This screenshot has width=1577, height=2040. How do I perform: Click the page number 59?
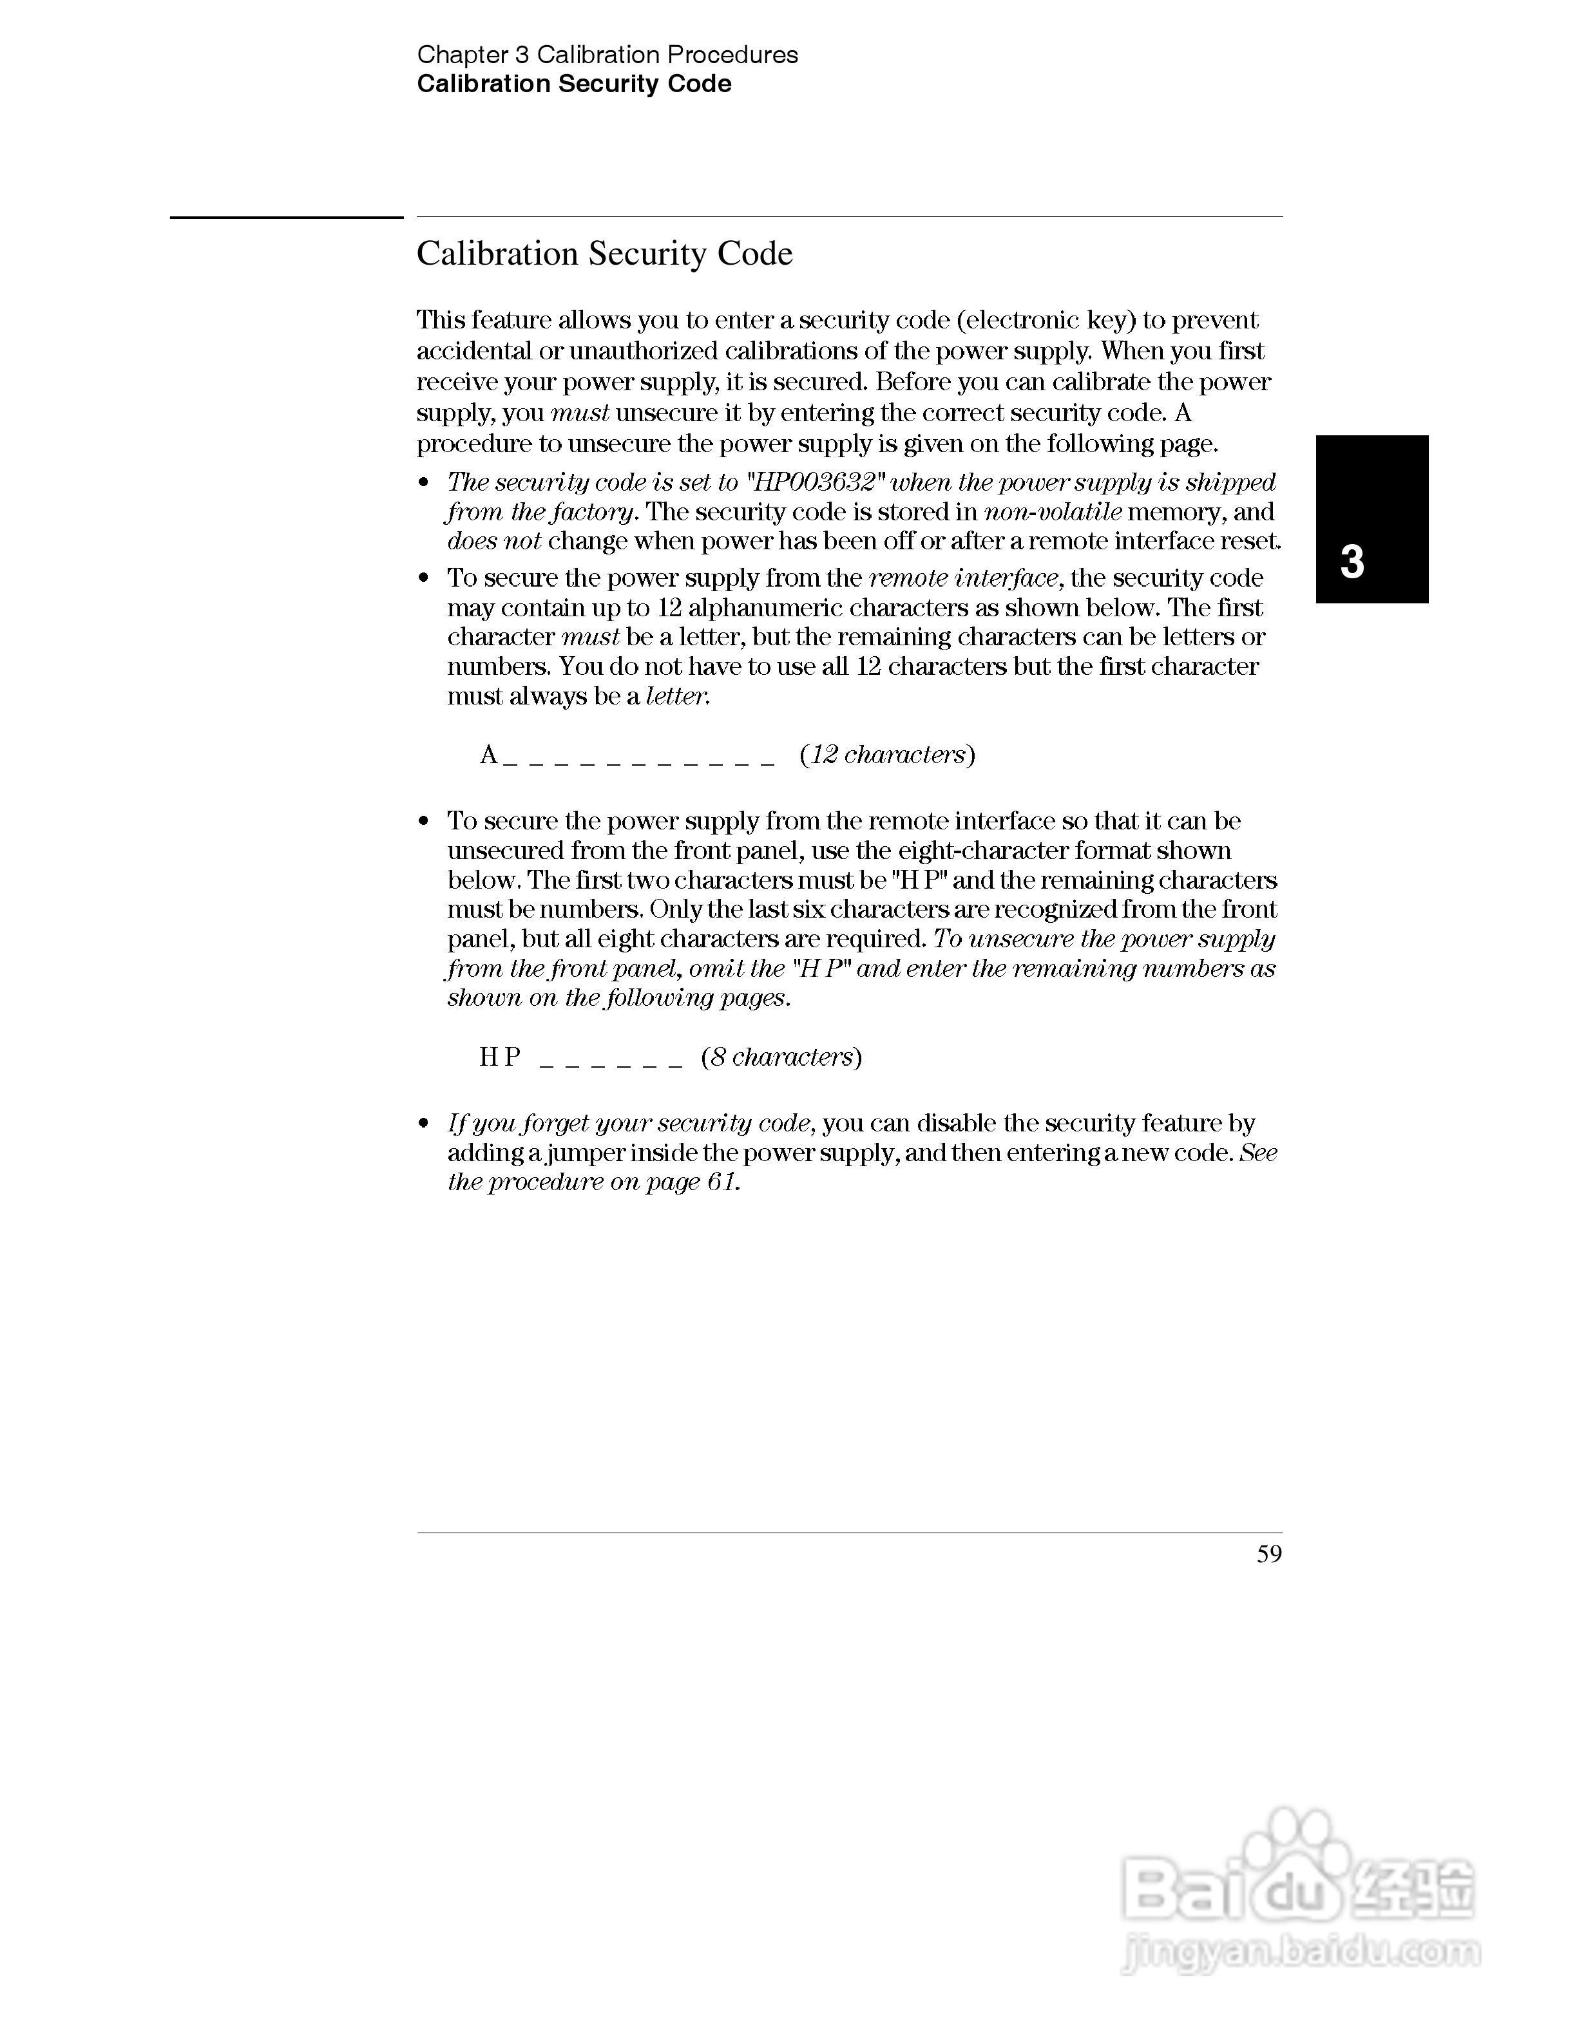click(1268, 1554)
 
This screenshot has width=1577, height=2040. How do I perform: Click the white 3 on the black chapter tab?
click(1352, 562)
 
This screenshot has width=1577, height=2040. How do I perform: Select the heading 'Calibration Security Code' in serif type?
click(604, 254)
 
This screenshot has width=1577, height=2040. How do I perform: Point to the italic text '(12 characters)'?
click(886, 755)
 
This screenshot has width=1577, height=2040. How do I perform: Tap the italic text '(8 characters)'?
click(781, 1057)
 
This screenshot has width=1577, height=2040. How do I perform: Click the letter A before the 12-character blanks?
click(488, 755)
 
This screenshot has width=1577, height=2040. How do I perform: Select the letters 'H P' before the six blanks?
click(500, 1057)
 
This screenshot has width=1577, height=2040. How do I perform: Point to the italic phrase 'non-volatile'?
click(1053, 512)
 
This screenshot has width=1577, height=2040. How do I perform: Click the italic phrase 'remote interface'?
click(963, 578)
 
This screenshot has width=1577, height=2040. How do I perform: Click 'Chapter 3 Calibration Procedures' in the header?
click(607, 55)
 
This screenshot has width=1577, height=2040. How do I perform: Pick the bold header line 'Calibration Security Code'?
click(573, 84)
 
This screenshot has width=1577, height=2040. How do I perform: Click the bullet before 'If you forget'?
click(424, 1123)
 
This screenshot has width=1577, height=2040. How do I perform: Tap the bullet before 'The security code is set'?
click(424, 483)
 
